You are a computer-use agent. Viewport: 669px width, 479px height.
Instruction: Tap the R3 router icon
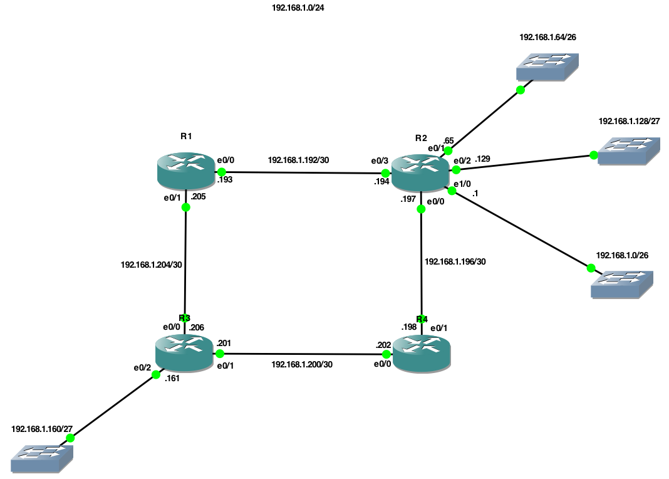click(x=184, y=353)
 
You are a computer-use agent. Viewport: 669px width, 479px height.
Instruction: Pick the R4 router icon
click(x=422, y=354)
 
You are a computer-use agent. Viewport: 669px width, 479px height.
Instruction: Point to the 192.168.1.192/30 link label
click(x=298, y=160)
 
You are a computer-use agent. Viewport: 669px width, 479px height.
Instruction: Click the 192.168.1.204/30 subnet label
click(x=151, y=265)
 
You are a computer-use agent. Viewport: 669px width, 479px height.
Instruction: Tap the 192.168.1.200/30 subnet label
click(x=301, y=364)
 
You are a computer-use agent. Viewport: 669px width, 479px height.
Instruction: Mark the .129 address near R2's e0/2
click(x=482, y=159)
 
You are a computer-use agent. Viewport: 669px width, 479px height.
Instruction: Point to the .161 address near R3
click(x=172, y=378)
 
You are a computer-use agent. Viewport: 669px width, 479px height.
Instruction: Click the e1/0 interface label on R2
click(x=462, y=184)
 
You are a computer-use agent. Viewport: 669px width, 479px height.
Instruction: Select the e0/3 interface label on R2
click(x=380, y=161)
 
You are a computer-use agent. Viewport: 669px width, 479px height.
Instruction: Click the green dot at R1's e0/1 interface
click(x=185, y=207)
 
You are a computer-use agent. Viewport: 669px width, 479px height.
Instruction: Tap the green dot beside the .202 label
click(x=386, y=354)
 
